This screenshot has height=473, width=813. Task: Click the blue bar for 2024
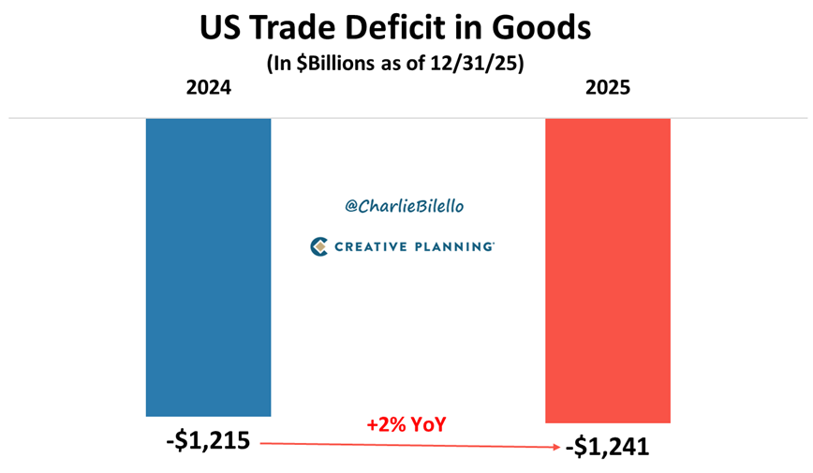point(208,267)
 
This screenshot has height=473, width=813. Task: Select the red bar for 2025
point(607,271)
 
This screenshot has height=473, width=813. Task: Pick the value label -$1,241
point(607,448)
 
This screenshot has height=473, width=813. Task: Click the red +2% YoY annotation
point(406,424)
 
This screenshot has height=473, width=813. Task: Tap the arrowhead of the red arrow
point(558,448)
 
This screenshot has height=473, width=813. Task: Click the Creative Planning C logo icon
point(319,246)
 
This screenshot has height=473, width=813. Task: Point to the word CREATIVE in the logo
point(371,246)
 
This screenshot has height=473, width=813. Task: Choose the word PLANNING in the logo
point(454,246)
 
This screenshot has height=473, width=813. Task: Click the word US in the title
point(219,28)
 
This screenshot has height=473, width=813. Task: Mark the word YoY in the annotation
point(428,424)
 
